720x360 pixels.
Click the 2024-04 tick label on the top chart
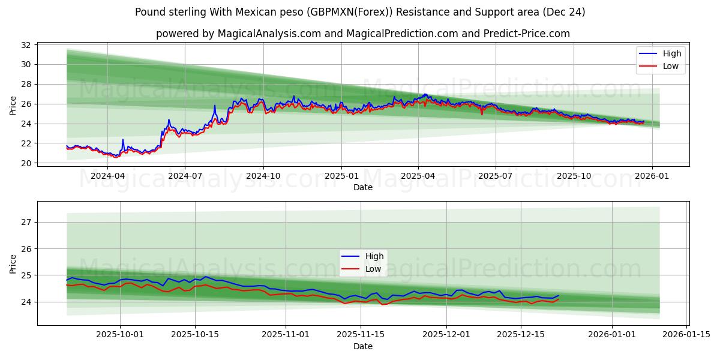[x=107, y=176]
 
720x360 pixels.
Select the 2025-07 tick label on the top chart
[x=496, y=176]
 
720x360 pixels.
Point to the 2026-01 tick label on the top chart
[x=651, y=176]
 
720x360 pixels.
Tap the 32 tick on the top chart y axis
[x=26, y=45]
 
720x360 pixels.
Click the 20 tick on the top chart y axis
[x=26, y=163]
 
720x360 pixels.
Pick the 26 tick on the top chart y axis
[x=26, y=104]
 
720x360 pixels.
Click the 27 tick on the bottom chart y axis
[x=26, y=222]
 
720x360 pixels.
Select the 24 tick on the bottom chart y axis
[x=26, y=302]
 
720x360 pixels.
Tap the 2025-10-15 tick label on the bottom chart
[x=195, y=335]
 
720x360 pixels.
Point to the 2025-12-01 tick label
[x=446, y=335]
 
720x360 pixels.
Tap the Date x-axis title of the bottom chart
[x=362, y=346]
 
